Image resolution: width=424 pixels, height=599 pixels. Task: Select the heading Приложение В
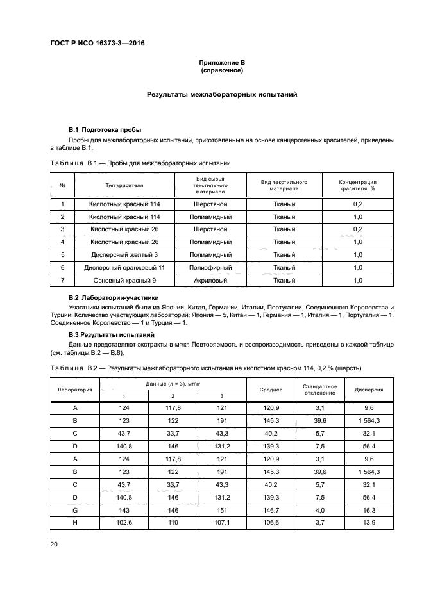[x=222, y=62]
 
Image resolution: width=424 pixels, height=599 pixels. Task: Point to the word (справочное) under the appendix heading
[x=222, y=70]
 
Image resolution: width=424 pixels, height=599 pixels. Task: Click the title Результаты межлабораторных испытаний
[x=222, y=94]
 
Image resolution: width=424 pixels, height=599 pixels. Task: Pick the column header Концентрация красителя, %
[x=357, y=186]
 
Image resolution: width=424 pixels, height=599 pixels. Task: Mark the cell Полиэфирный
[x=210, y=267]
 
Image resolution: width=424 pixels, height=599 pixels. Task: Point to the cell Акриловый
[x=210, y=280]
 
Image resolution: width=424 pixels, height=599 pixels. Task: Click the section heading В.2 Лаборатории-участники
[x=114, y=298]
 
